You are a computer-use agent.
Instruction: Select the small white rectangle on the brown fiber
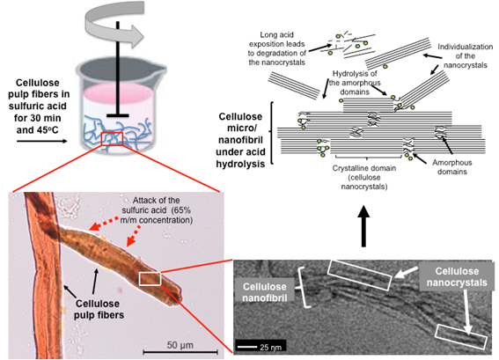click(x=149, y=279)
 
